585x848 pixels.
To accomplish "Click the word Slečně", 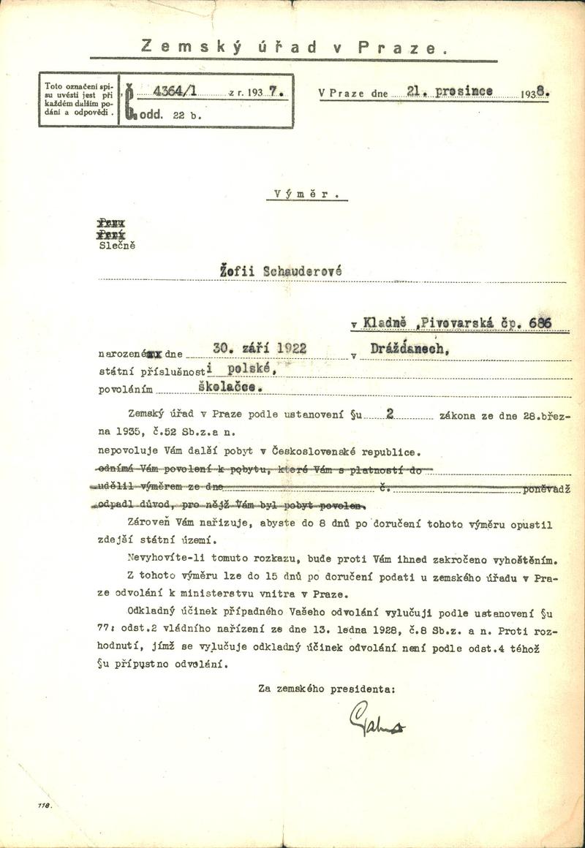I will (x=117, y=245).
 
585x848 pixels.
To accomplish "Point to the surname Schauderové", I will (x=303, y=270).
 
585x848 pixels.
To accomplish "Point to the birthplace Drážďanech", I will (x=411, y=351).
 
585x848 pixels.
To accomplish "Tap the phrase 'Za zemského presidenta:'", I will (x=327, y=687).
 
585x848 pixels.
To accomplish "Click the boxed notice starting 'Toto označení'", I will (x=77, y=100).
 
